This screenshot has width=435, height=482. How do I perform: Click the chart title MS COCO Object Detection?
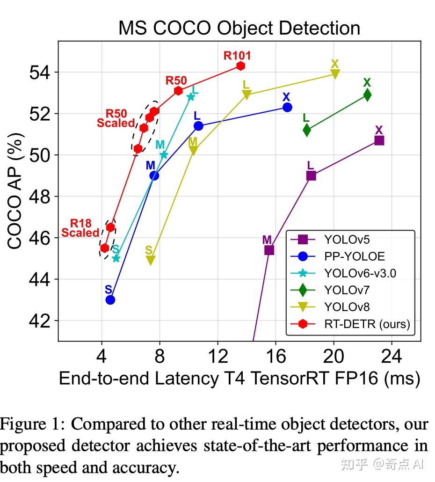tap(239, 28)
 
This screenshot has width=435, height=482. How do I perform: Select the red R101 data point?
tap(240, 66)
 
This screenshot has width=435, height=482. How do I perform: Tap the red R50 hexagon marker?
tap(178, 91)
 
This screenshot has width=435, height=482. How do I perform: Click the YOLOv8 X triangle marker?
tap(335, 73)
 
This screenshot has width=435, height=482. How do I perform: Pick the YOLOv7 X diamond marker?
tap(367, 95)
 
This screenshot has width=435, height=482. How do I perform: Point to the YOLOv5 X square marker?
tap(379, 140)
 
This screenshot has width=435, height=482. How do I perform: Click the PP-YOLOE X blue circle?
tap(287, 107)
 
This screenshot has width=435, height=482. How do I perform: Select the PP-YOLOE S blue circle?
tap(110, 299)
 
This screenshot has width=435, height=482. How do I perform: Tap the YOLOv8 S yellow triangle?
tap(150, 260)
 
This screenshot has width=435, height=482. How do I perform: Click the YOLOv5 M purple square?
tap(269, 250)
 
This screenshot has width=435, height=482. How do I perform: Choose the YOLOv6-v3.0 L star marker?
tap(191, 97)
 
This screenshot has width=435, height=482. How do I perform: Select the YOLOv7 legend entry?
tap(347, 290)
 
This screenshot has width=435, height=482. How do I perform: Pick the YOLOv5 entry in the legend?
tap(347, 240)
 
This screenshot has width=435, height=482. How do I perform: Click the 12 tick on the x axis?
tap(217, 357)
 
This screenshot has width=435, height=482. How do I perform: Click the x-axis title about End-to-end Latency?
tap(239, 379)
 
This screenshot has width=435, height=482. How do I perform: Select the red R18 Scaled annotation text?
tap(80, 228)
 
